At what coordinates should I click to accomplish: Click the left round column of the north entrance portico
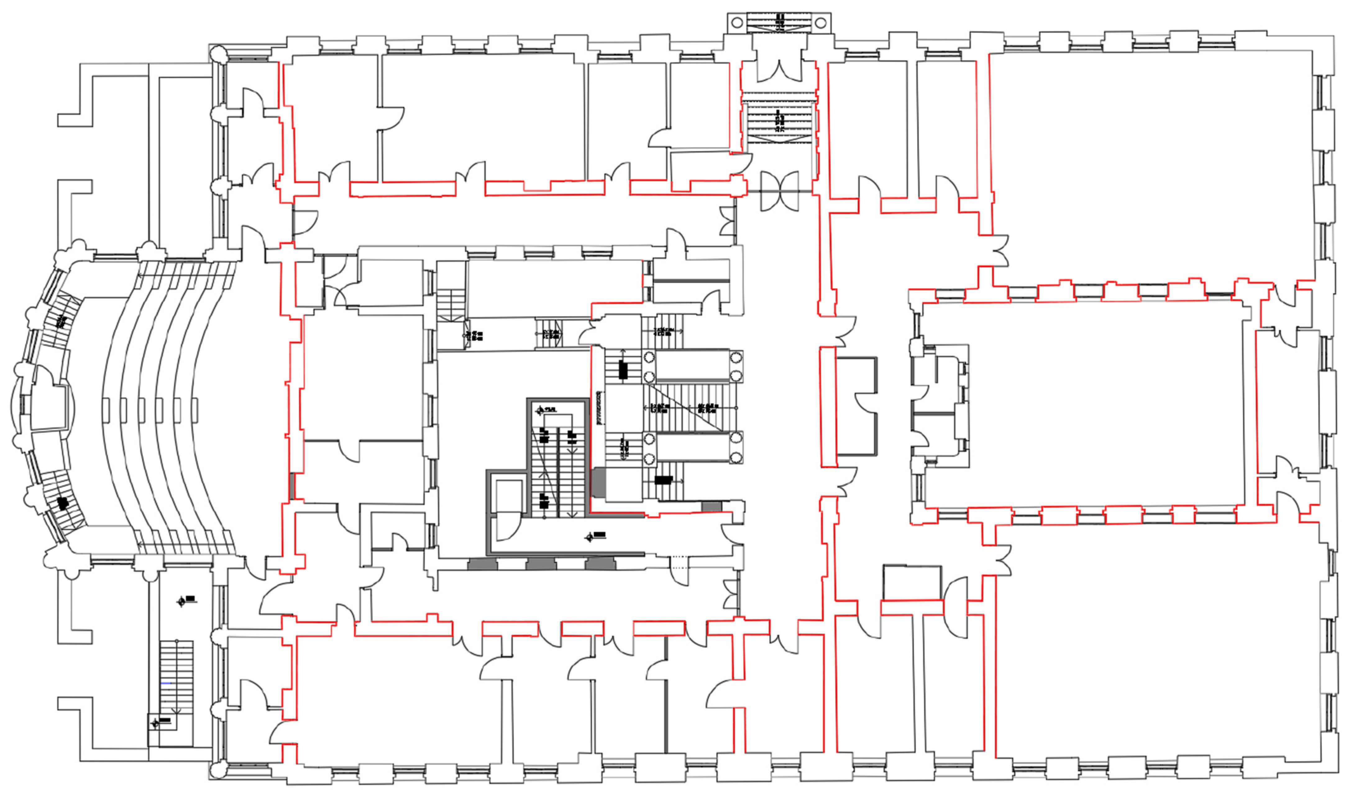coord(737,23)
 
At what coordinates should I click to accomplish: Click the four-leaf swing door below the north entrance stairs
coord(779,191)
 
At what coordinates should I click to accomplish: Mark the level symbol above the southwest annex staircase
coord(183,601)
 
